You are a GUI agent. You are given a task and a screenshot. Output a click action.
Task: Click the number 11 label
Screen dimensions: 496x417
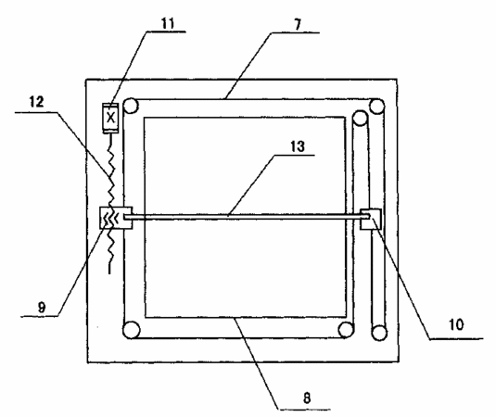point(168,23)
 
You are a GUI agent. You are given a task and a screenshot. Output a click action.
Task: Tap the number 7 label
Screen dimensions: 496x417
point(298,24)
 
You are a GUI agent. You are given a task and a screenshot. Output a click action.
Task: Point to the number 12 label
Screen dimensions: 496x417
point(37,102)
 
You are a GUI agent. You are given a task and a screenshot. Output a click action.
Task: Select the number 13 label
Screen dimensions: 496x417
point(298,146)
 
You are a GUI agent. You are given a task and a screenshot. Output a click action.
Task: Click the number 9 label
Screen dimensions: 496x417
point(42,307)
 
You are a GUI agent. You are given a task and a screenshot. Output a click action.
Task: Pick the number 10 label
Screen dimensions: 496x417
point(456,324)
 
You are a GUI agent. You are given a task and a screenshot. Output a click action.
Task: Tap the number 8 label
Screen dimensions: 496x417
point(307,398)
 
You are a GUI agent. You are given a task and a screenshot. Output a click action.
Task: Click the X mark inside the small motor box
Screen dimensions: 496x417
point(110,118)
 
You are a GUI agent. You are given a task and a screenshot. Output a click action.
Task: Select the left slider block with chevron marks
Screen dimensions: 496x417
point(116,218)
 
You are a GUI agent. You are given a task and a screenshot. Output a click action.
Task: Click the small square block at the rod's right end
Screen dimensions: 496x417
point(371,219)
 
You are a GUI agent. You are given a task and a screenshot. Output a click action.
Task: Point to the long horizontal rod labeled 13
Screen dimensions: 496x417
point(248,217)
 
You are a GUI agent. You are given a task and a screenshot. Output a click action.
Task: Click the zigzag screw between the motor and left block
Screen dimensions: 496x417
point(110,203)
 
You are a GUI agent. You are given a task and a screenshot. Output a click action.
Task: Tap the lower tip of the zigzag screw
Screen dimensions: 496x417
point(109,273)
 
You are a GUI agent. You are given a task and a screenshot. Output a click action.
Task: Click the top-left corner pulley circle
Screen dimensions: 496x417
point(131,106)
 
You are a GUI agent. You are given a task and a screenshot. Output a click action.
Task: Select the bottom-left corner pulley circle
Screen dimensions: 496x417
point(131,330)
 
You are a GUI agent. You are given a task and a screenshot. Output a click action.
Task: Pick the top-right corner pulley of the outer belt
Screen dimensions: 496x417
point(376,107)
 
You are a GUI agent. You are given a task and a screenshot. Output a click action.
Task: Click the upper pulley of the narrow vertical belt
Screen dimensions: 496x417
point(360,118)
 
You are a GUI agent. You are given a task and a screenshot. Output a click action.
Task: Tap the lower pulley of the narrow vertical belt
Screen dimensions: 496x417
point(379,332)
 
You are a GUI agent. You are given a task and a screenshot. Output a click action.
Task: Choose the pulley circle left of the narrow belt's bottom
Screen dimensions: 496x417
point(346,330)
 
